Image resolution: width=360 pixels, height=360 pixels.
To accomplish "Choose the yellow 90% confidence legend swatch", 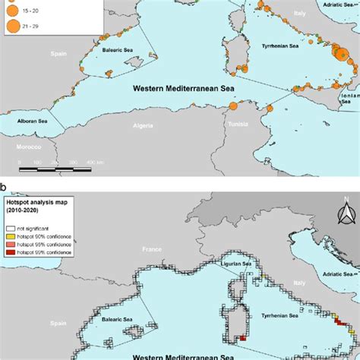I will click(x=8, y=236).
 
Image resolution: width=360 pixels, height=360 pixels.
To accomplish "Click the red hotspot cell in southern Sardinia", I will click(x=242, y=339).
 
